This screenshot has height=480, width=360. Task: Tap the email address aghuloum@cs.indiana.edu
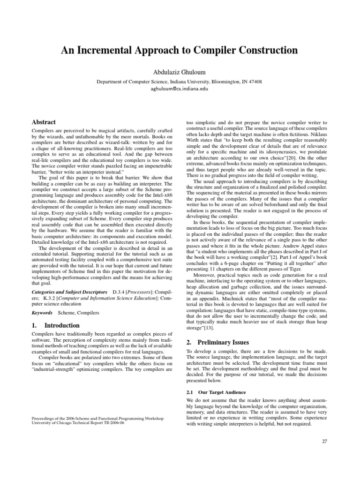tap(179, 88)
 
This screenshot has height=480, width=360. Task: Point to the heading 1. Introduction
tap(55, 325)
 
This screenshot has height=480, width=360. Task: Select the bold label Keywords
tap(42, 312)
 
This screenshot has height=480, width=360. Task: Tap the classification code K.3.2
tap(48, 299)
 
